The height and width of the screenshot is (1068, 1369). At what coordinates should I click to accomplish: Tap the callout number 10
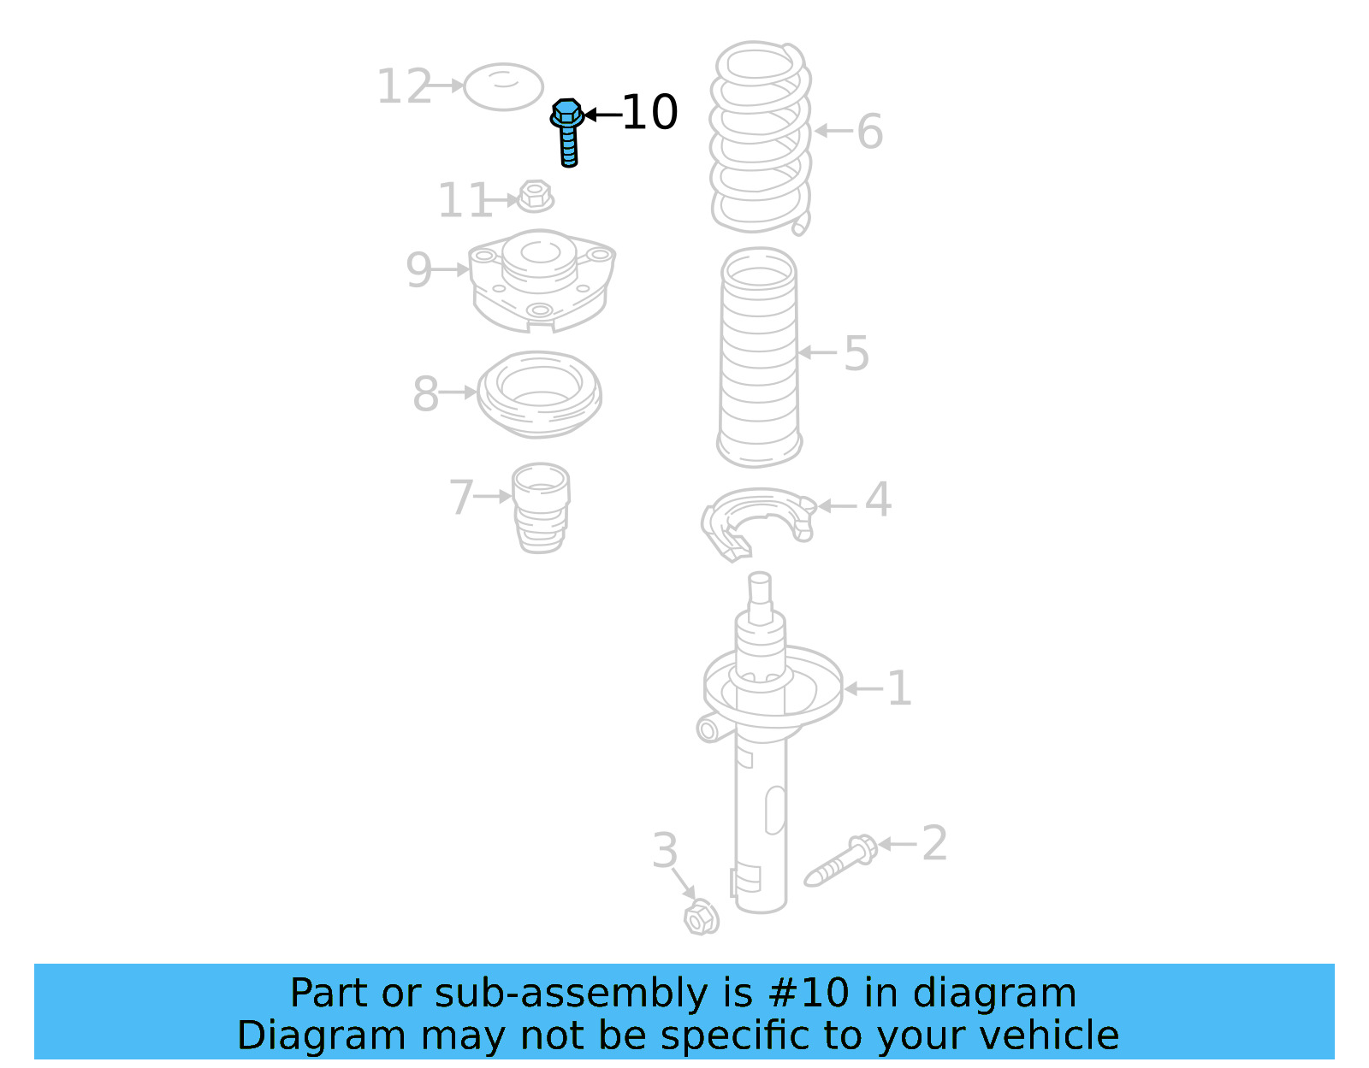[x=649, y=113]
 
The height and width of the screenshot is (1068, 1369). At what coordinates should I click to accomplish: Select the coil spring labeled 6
[x=760, y=137]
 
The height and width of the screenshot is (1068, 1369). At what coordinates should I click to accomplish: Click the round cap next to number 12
[x=503, y=86]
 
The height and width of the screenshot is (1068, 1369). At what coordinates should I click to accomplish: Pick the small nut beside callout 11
[x=536, y=197]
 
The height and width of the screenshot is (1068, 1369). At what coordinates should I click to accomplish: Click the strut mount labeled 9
[x=541, y=279]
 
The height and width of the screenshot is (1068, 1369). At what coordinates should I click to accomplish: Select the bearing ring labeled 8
[x=539, y=394]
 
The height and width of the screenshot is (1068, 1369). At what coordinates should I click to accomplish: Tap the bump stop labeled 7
[x=540, y=507]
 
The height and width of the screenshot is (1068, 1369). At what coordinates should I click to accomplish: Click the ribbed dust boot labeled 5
[x=758, y=357]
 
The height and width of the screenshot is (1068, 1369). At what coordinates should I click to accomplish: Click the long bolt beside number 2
[x=840, y=861]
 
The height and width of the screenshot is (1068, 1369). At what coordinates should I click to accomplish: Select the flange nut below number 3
[x=701, y=918]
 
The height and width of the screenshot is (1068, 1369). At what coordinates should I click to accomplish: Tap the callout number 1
[x=898, y=688]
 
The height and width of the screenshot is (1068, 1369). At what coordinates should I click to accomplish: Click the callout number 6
[x=869, y=132]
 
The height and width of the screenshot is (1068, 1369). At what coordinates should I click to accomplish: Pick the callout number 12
[x=404, y=87]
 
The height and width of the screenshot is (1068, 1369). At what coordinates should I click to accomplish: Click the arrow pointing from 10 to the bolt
[x=602, y=114]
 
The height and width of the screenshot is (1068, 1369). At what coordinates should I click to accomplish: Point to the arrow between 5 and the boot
[x=818, y=352]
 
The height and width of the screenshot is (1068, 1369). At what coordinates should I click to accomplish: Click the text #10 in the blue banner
[x=808, y=993]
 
